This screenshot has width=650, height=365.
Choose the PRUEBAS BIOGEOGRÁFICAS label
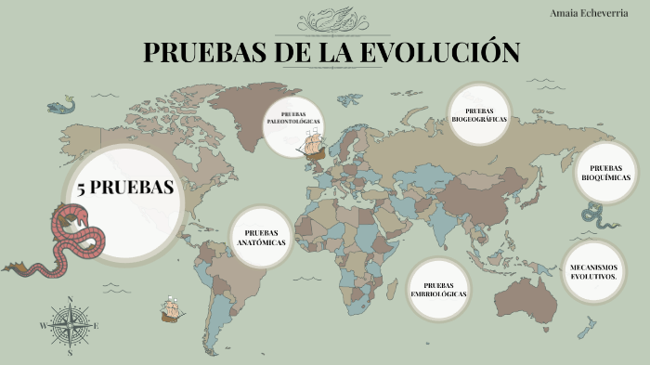click(479, 114)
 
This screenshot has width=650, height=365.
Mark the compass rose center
click(70, 325)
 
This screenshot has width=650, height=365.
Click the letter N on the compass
click(70, 300)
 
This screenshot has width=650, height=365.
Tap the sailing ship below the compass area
click(171, 308)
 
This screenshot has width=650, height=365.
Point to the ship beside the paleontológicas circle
click(313, 145)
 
